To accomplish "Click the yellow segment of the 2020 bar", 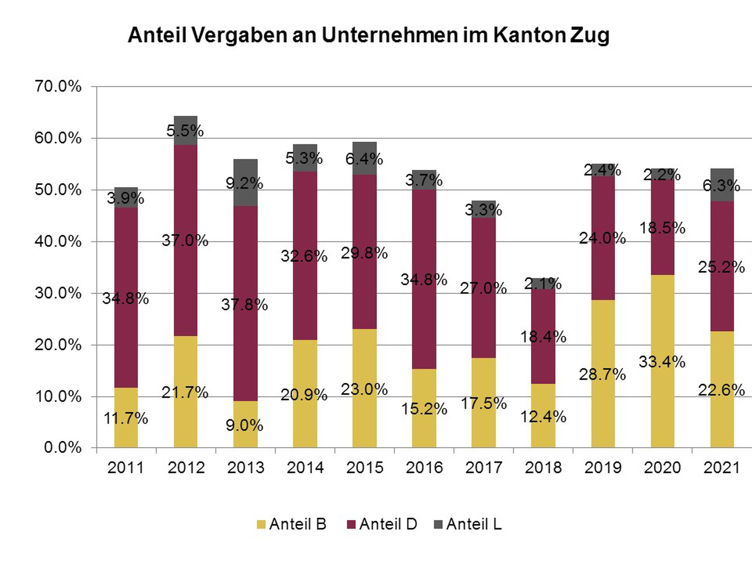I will point(662,391).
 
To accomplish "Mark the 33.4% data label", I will point(662,362).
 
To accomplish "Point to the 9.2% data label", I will point(244,184).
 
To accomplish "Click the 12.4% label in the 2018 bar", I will point(543,417).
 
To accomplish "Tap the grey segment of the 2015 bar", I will point(365,150).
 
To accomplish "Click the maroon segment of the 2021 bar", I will point(722,299).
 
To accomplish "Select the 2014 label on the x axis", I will point(305,467).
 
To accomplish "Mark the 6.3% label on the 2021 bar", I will point(721,186).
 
